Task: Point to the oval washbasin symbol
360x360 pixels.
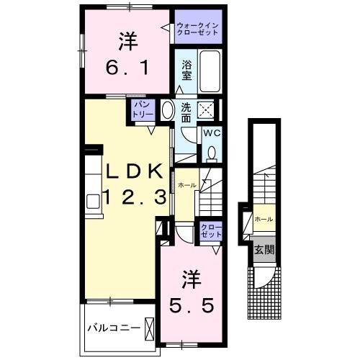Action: point(167,111)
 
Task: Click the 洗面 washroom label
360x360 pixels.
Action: point(186,112)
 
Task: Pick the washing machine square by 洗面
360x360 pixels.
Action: point(207,110)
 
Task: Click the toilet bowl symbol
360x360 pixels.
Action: point(212,153)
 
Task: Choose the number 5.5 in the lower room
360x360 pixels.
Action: point(191,305)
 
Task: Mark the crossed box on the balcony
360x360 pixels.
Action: point(149,328)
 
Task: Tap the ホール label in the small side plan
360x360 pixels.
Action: point(263,218)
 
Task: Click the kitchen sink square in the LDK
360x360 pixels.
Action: point(93,199)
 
